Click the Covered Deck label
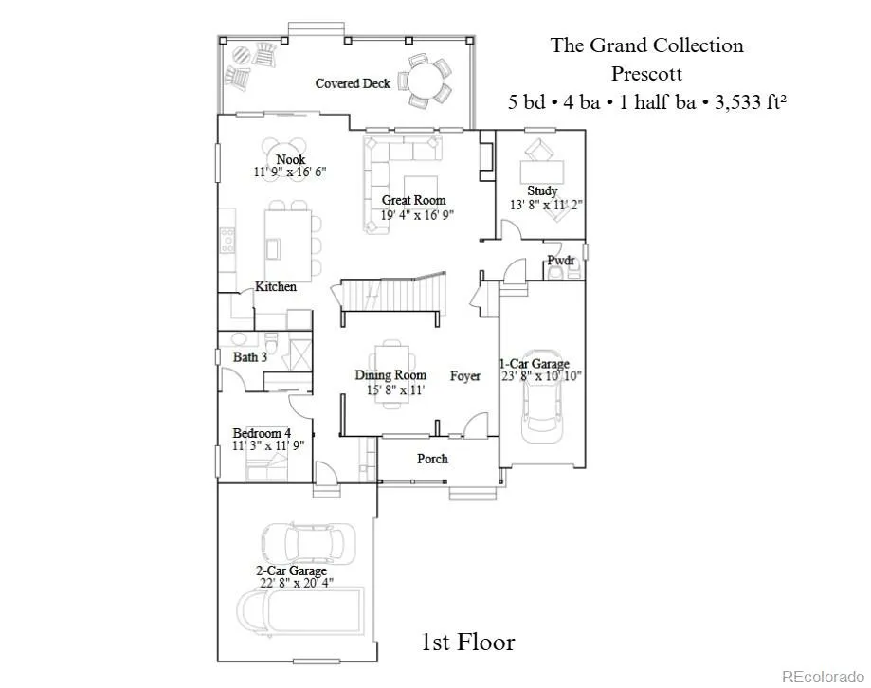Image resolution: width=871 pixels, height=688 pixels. (353, 83)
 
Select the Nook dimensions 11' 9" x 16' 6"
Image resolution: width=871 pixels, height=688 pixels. (290, 172)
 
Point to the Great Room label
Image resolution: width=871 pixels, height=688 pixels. (414, 200)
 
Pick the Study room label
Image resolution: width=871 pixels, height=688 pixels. (542, 190)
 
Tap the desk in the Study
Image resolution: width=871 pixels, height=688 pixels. (541, 172)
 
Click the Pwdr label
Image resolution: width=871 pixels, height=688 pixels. (561, 260)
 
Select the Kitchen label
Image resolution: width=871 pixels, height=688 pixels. (276, 286)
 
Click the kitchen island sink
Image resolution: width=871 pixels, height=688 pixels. (273, 248)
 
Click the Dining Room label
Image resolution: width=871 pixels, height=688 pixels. (390, 375)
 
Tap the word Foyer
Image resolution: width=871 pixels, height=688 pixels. (465, 376)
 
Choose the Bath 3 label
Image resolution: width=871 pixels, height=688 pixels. (250, 357)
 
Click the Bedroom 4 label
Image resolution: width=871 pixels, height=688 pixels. (262, 432)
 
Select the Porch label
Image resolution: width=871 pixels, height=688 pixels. (432, 459)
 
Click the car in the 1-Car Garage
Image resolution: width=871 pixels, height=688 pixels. (541, 396)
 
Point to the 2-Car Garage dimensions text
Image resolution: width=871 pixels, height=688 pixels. (297, 583)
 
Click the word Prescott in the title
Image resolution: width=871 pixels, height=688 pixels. (647, 74)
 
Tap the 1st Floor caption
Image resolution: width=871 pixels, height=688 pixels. (468, 642)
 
